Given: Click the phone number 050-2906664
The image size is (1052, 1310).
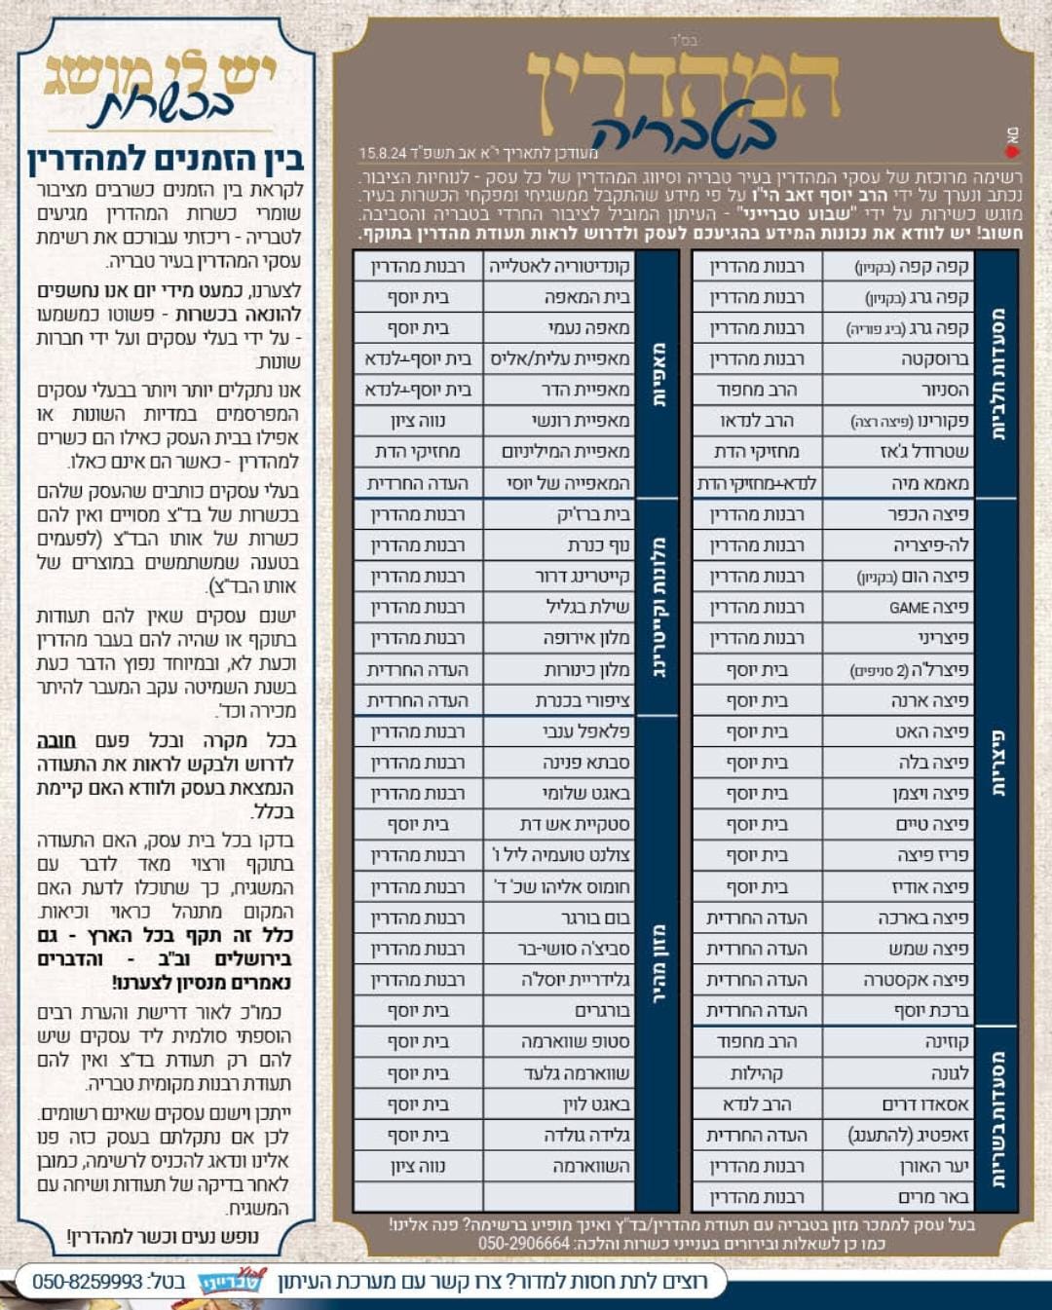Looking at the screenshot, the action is (524, 1244).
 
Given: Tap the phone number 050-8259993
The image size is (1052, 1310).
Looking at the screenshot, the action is (88, 1281).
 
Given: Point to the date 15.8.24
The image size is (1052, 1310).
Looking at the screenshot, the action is (382, 153).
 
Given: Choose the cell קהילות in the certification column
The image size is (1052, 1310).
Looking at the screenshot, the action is (757, 1073).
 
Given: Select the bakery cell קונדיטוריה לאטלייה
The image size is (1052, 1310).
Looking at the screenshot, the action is (559, 266).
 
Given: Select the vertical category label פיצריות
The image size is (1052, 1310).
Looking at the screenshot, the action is (997, 763).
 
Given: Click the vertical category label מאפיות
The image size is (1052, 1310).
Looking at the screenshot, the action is (658, 375).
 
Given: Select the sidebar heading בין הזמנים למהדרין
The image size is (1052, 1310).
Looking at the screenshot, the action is (166, 159).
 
